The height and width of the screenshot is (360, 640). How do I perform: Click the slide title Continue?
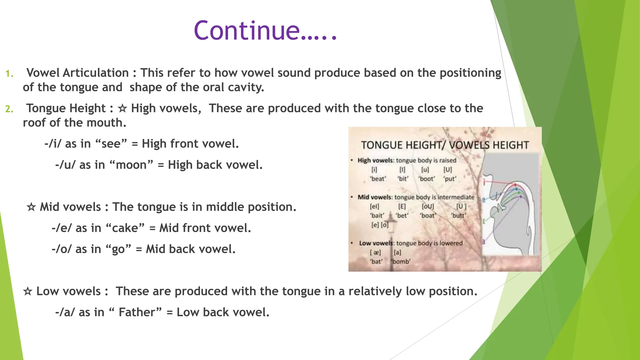[265, 31]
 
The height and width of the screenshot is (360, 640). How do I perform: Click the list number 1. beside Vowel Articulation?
[9, 74]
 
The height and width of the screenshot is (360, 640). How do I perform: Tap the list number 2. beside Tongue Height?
[9, 109]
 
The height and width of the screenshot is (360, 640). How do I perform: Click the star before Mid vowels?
[31, 207]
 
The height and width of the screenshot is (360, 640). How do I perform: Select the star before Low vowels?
[27, 291]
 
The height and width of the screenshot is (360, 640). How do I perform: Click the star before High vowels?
[122, 108]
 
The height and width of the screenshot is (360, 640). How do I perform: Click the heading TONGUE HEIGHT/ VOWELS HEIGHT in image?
[445, 145]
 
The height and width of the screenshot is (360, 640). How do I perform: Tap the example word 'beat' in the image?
[378, 179]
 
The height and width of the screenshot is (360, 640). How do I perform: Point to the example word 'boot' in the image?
[427, 179]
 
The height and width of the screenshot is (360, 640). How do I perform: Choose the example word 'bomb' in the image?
[401, 262]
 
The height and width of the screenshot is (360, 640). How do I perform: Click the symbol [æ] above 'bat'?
[375, 252]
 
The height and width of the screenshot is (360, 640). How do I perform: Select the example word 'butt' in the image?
[458, 216]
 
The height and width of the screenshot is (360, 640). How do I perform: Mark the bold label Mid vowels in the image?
[374, 197]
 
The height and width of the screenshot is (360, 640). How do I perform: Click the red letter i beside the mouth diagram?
[484, 182]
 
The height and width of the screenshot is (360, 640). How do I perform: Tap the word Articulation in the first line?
[95, 73]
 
